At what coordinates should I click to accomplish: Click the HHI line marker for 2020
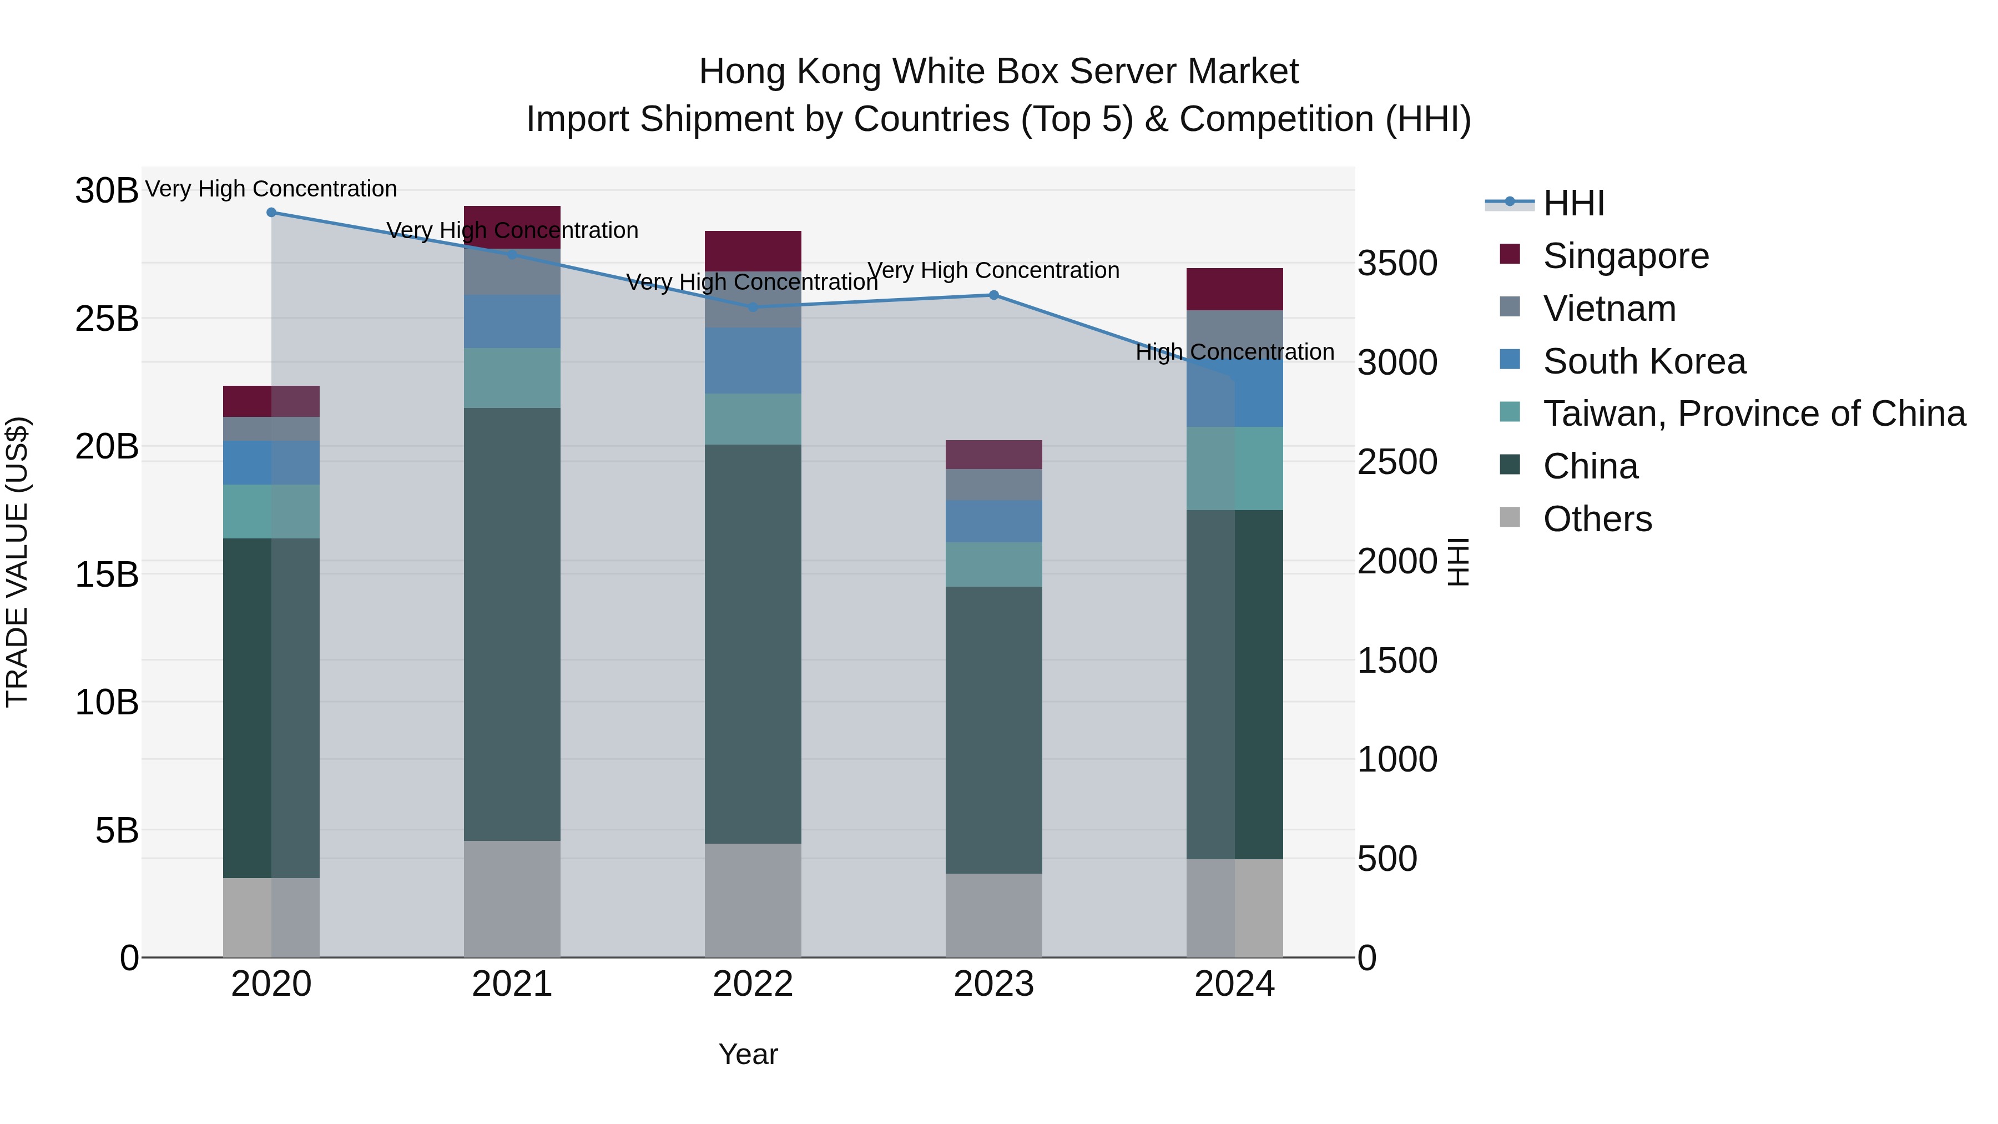point(271,213)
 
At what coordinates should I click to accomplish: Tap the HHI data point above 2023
point(993,295)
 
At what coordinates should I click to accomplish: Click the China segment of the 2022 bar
point(753,644)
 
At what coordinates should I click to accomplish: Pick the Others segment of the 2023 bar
point(993,915)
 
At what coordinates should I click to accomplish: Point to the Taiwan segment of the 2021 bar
point(512,378)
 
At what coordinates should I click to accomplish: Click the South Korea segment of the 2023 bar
point(993,521)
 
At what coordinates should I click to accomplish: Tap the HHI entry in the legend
point(1573,203)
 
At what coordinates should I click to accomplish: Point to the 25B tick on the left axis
point(106,319)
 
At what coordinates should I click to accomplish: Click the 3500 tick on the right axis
point(1397,263)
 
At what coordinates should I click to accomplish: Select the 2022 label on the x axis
point(753,984)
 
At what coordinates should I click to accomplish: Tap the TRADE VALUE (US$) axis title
point(17,562)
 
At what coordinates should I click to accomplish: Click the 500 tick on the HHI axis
point(1387,859)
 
